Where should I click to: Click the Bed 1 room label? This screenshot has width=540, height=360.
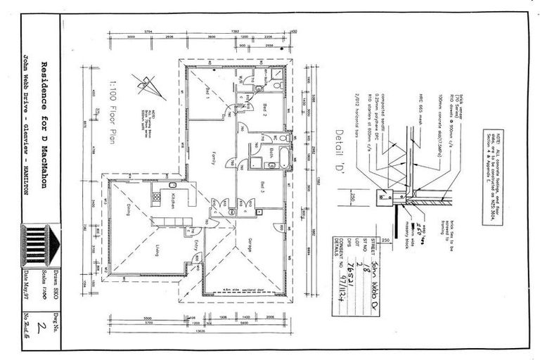pyautogui.click(x=208, y=92)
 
